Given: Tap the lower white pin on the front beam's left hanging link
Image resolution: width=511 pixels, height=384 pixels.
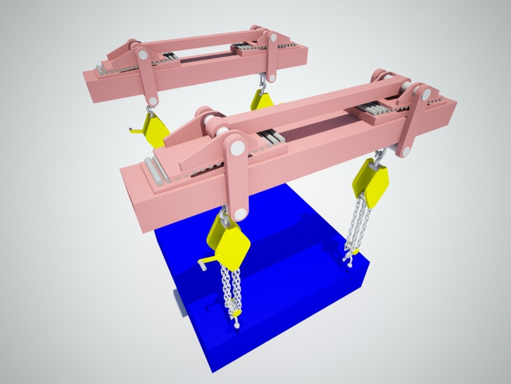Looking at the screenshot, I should pos(241,214).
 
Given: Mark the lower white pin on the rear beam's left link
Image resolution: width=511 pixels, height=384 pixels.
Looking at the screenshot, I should pos(153,101).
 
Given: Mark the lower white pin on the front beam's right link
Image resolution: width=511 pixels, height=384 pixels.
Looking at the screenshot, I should pos(404,151).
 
